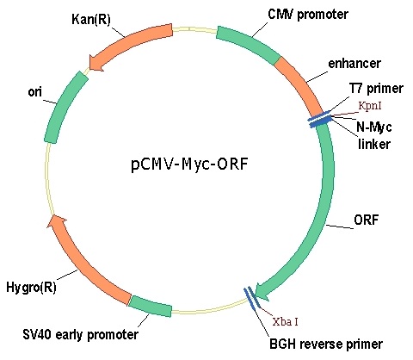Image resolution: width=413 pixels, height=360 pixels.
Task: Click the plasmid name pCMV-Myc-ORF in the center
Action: click(189, 164)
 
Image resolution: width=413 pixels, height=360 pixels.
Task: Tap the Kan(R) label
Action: click(91, 20)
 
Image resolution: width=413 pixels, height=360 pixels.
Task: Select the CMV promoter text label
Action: click(308, 14)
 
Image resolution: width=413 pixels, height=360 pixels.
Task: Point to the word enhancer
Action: click(354, 64)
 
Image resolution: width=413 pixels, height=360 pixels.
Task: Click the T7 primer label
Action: click(376, 88)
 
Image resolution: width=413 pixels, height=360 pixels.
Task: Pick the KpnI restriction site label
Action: click(370, 106)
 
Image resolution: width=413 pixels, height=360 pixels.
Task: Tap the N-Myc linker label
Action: click(374, 135)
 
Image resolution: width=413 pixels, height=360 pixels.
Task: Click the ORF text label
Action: click(367, 220)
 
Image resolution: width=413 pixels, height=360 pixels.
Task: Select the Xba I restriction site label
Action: click(285, 321)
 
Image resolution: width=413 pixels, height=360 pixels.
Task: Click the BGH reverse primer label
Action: click(326, 344)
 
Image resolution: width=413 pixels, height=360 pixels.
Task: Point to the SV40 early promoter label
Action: click(80, 334)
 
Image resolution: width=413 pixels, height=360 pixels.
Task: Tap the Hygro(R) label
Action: click(31, 288)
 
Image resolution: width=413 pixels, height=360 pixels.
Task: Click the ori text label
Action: click(34, 92)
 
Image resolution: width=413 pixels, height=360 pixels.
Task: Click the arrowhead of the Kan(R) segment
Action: click(96, 63)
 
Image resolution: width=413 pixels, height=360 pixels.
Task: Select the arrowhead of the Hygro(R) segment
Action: click(58, 222)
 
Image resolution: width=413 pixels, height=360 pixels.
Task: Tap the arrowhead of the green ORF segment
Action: click(262, 292)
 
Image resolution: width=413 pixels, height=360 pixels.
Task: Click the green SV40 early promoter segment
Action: click(150, 307)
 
